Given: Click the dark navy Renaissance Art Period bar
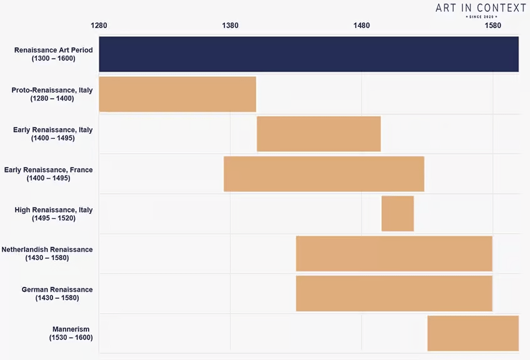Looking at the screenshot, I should [x=309, y=54].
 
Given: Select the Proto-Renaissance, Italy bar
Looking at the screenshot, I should [x=177, y=94].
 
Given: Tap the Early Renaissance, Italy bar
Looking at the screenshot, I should [x=319, y=134].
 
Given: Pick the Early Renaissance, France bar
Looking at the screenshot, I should [x=324, y=174].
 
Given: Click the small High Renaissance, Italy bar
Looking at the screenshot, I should [x=397, y=214].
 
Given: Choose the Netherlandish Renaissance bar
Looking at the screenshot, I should [x=394, y=254].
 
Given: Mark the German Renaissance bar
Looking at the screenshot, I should [x=394, y=294].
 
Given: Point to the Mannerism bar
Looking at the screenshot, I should [x=473, y=334].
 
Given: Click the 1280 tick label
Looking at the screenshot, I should [x=99, y=26].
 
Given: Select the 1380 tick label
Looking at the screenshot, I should [x=230, y=26].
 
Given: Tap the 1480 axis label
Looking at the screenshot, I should [x=361, y=26].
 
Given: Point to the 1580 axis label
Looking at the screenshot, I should [x=492, y=26].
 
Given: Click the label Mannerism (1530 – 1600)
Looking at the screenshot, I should [x=71, y=334].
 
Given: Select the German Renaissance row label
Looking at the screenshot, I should [x=57, y=294].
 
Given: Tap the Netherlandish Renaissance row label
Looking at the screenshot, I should [x=47, y=254].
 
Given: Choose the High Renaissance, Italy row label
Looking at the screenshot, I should [x=53, y=214].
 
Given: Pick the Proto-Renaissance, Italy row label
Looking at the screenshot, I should [x=52, y=94].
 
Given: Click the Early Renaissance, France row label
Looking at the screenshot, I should [x=48, y=174].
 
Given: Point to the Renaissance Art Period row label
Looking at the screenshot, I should [x=53, y=54].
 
